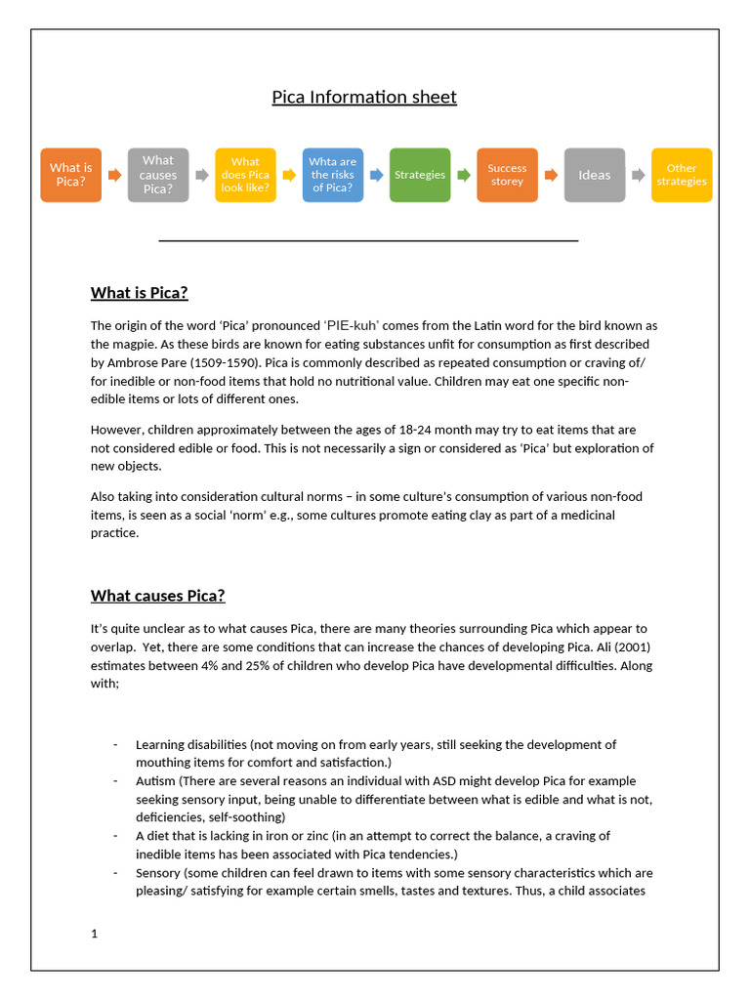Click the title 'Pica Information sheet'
(x=363, y=97)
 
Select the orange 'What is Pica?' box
(x=70, y=175)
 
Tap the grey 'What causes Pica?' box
(x=157, y=175)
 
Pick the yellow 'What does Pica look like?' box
(x=245, y=175)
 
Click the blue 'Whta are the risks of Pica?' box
(x=332, y=175)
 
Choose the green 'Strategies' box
(x=420, y=175)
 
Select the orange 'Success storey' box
(x=507, y=175)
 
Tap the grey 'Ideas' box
(x=594, y=175)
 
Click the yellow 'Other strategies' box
(x=682, y=175)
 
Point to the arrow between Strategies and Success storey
(x=464, y=175)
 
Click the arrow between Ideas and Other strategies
(x=639, y=175)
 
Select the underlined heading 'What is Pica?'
(x=139, y=293)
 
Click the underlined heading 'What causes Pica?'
(x=157, y=596)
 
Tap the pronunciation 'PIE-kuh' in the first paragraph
(x=353, y=325)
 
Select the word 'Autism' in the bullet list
(x=155, y=781)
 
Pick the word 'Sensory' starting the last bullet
(x=158, y=872)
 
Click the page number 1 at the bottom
(x=95, y=934)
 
